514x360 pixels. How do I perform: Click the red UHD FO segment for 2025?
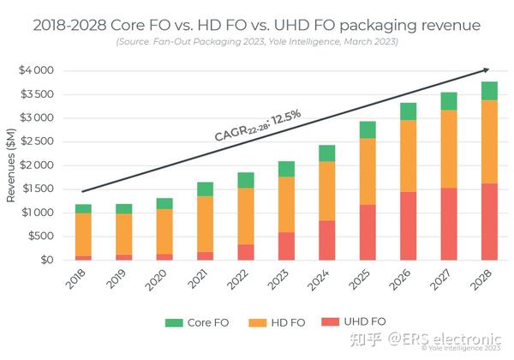367,231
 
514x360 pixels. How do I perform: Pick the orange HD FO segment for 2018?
83,234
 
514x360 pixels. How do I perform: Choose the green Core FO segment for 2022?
246,180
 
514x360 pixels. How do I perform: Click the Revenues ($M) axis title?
11,165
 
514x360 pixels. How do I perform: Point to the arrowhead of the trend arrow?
487,69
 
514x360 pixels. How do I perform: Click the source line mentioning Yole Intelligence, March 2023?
256,42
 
